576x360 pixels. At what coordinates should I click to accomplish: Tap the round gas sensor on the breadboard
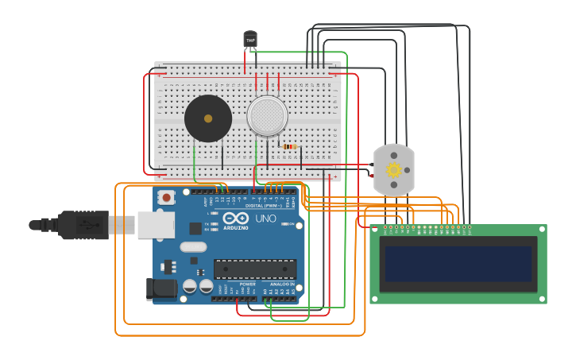coord(267,116)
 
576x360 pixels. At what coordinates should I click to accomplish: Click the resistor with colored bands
coord(289,146)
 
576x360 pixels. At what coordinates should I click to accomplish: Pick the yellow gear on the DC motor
coord(394,169)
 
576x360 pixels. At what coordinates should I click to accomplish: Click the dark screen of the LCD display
coord(458,263)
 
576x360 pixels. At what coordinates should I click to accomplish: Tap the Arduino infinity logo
coord(236,218)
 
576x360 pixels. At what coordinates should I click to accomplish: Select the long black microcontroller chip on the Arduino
coord(254,269)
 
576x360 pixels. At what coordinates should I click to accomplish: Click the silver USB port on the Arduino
coord(156,225)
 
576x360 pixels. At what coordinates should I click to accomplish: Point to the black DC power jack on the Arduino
coord(162,289)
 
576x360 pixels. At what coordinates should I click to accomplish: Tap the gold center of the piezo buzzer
coord(208,118)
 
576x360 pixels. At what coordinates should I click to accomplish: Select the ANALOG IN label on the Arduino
coord(281,284)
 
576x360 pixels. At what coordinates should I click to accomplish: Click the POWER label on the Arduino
coord(248,284)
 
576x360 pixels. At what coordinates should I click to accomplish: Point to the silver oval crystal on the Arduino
coord(193,247)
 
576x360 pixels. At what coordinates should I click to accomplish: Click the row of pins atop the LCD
coord(427,227)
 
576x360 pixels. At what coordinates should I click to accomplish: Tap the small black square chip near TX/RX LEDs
coord(195,228)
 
